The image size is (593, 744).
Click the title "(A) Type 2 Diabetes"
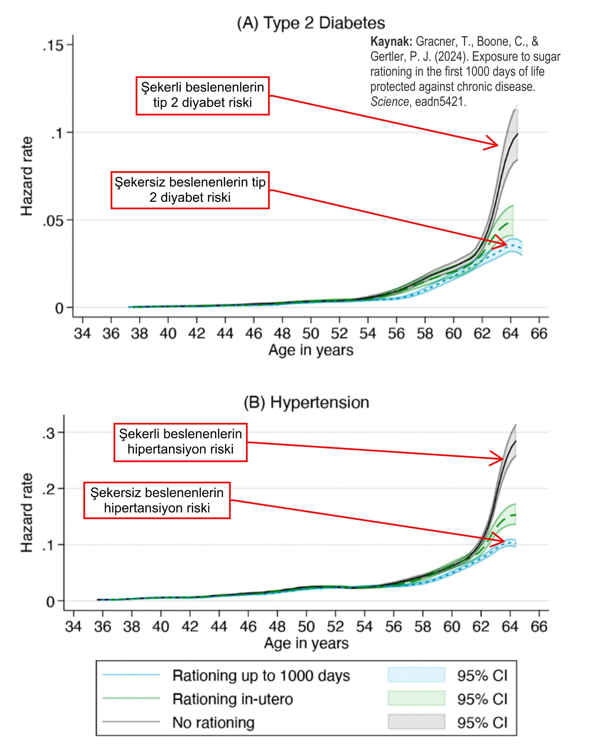click(311, 24)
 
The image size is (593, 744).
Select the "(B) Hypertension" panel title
click(306, 402)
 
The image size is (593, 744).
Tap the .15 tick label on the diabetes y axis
click(53, 45)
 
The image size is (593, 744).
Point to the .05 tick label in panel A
click(53, 221)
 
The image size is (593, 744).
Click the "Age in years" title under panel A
click(311, 350)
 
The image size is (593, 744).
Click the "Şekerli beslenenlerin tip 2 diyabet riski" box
click(203, 96)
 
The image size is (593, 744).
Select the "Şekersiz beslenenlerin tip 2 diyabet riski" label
click(190, 190)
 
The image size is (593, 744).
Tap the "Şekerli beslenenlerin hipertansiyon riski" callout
click(180, 442)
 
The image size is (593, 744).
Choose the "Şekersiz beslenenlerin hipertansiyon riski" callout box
click(157, 500)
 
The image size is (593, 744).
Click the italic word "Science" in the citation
click(389, 102)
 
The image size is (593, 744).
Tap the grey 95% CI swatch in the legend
click(416, 722)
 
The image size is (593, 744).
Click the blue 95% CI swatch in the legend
click(416, 675)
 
